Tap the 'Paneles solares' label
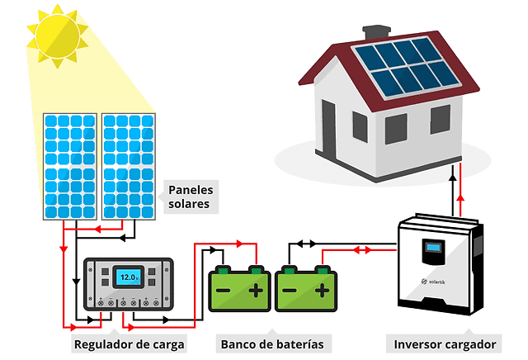(189, 196)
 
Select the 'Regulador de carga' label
(130, 343)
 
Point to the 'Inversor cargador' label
(445, 343)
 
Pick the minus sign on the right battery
(289, 290)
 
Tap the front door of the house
(329, 128)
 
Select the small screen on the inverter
(431, 247)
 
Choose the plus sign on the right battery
(322, 290)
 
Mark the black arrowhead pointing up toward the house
(451, 173)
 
